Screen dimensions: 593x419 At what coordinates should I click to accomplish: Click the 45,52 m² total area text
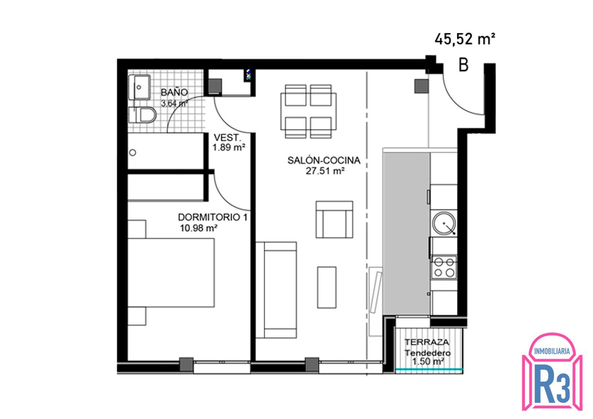click(x=465, y=39)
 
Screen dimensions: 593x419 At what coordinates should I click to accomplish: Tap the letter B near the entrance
click(x=463, y=65)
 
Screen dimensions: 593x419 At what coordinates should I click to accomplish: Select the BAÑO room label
click(x=174, y=92)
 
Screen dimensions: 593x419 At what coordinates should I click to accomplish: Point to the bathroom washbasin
click(x=139, y=87)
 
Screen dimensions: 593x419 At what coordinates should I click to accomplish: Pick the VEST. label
click(x=228, y=137)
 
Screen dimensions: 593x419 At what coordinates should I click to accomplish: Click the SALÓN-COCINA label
click(x=324, y=160)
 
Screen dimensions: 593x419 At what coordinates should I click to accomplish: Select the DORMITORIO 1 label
click(x=213, y=217)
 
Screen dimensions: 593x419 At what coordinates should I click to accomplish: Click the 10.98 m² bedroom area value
click(x=199, y=228)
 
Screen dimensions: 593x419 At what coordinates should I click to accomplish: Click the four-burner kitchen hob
click(x=444, y=267)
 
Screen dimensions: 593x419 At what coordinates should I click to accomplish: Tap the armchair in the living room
click(x=334, y=219)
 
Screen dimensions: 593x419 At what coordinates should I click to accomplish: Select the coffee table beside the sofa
click(x=327, y=287)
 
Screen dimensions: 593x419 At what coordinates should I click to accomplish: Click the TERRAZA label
click(x=427, y=342)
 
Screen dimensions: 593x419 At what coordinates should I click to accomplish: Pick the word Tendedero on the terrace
click(x=427, y=353)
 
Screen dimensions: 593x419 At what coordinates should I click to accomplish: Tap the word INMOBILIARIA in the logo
click(x=552, y=352)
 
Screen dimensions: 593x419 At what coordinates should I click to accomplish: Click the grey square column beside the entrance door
click(x=421, y=86)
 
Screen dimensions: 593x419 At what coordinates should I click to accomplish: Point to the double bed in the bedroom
click(x=171, y=273)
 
